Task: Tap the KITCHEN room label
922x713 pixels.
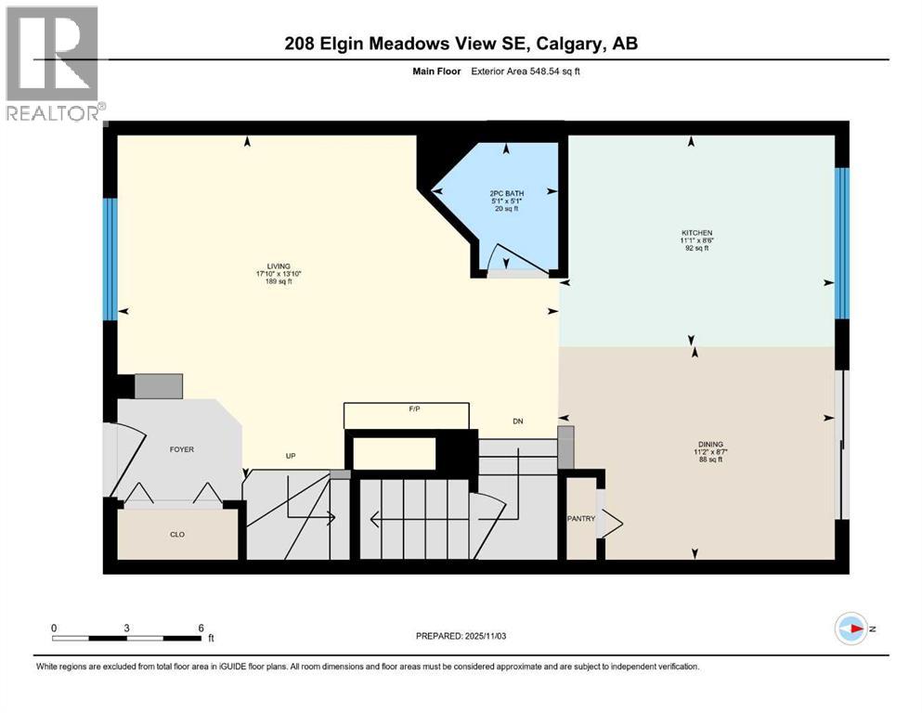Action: pyautogui.click(x=695, y=233)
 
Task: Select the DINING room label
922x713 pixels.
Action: pyautogui.click(x=710, y=445)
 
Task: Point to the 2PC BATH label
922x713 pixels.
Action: pyautogui.click(x=502, y=193)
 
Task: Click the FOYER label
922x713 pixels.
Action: pyautogui.click(x=181, y=449)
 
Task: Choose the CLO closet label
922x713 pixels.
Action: pyautogui.click(x=176, y=535)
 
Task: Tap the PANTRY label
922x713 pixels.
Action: pyautogui.click(x=581, y=518)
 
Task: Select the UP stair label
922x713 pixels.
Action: pyautogui.click(x=291, y=456)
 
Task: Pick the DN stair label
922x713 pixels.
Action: pyautogui.click(x=518, y=421)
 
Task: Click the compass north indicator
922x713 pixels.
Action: pyautogui.click(x=852, y=629)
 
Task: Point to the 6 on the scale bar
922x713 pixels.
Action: pyautogui.click(x=200, y=628)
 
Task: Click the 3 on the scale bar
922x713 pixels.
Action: pyautogui.click(x=126, y=628)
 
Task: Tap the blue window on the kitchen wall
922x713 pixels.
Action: pyautogui.click(x=841, y=243)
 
